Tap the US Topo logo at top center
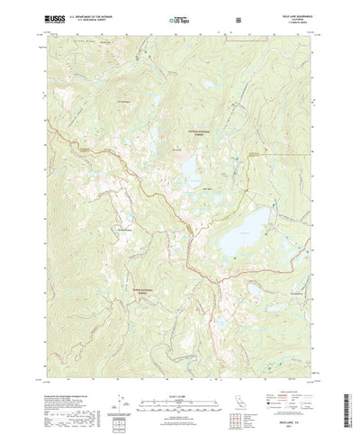(179, 17)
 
